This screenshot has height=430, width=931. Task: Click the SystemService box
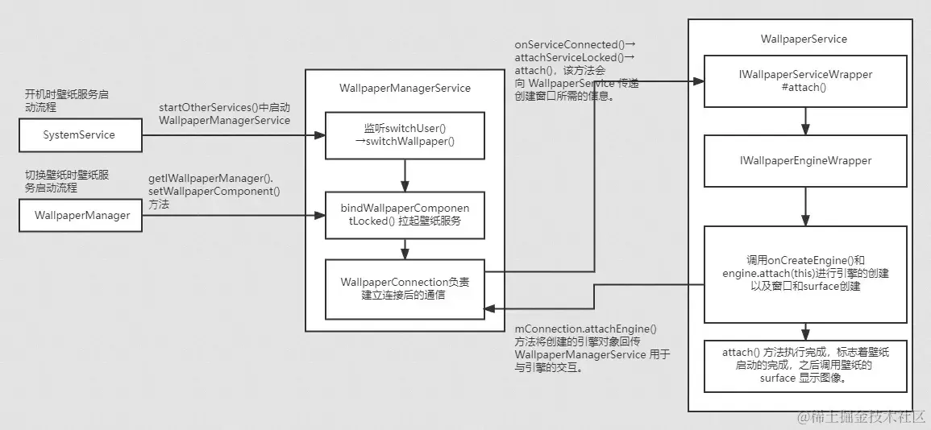coord(80,135)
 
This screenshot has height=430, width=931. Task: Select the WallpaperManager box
coord(80,215)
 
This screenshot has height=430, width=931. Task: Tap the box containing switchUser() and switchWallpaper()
coord(405,135)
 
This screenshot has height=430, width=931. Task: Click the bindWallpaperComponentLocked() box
coord(405,215)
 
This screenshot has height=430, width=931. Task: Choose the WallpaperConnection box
coord(405,288)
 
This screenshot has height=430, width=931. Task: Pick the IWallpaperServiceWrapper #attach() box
coord(805,81)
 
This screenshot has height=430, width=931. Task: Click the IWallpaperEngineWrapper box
coord(805,161)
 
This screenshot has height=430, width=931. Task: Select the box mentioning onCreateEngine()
coord(805,274)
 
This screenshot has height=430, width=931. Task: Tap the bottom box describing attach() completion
coord(805,366)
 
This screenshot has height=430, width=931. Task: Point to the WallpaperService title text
coord(804,39)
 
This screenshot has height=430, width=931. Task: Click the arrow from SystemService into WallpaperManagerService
coord(233,135)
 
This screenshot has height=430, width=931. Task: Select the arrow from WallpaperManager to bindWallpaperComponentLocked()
coord(233,215)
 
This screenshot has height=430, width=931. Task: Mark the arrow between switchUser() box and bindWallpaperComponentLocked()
coord(405,175)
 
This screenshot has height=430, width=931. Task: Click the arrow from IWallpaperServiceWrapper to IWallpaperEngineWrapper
coord(805,121)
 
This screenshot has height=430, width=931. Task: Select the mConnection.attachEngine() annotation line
coord(586,329)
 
